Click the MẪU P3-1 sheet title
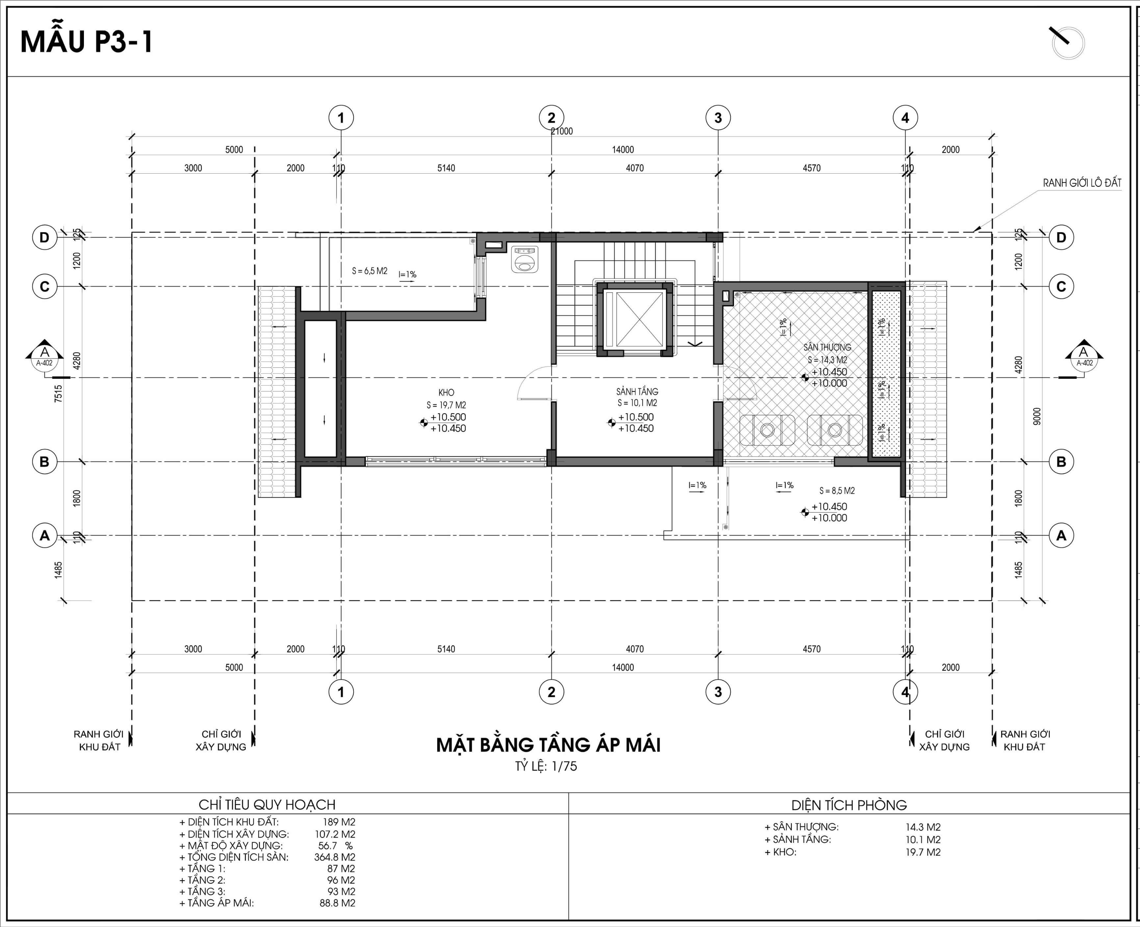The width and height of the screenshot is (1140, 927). [87, 42]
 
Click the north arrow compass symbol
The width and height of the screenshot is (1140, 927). [1068, 43]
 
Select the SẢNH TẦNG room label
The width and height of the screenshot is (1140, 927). [637, 391]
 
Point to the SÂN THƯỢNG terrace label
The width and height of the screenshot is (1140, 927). [827, 347]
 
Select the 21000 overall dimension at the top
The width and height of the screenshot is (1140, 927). [562, 131]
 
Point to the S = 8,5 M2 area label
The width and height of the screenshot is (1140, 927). [837, 490]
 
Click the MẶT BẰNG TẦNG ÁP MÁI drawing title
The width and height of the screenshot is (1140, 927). [548, 745]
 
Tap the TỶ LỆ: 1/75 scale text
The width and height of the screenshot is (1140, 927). [546, 766]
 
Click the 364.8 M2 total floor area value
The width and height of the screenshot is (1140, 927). [335, 857]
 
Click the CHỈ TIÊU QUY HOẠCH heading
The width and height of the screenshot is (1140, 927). [267, 805]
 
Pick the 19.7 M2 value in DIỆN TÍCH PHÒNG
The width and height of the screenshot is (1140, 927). [923, 852]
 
